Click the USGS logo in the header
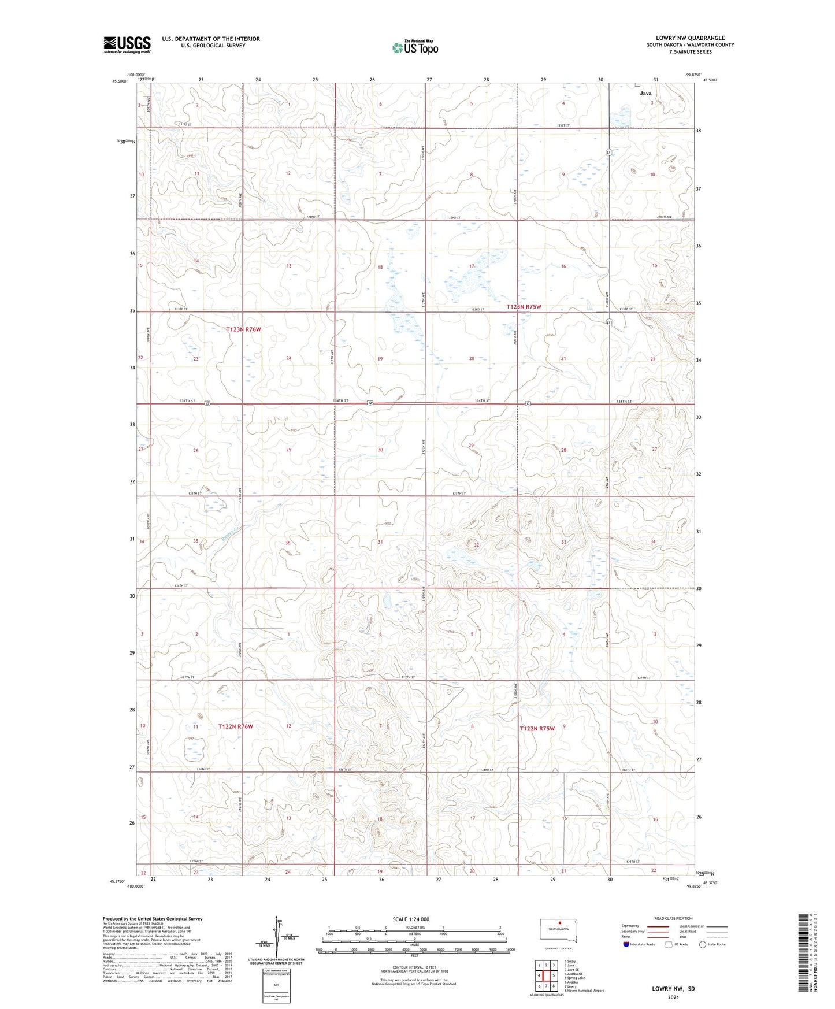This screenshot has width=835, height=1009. (x=127, y=44)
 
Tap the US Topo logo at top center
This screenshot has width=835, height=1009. (x=414, y=47)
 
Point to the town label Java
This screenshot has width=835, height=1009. (x=645, y=93)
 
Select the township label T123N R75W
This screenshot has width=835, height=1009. (x=524, y=307)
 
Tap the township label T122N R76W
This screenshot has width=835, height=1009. (x=236, y=726)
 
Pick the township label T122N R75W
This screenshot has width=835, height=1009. (x=537, y=729)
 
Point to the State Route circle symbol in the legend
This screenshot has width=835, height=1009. (x=703, y=944)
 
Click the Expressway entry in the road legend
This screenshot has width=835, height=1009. (x=630, y=926)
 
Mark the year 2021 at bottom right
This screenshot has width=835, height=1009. (x=673, y=997)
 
